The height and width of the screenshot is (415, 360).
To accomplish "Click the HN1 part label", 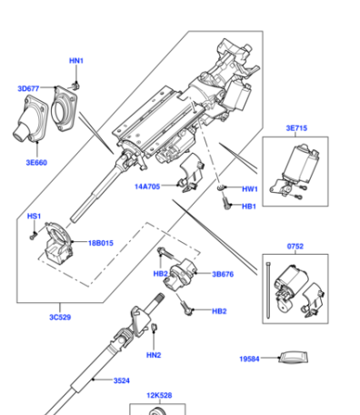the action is (76, 61).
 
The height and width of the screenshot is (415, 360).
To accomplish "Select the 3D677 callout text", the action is (28, 88).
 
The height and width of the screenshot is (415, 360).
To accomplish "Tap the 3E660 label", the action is (36, 163).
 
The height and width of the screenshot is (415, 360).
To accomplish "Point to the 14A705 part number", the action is (147, 187).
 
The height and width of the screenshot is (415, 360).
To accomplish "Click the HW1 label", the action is (250, 189).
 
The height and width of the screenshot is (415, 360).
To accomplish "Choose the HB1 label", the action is (249, 207).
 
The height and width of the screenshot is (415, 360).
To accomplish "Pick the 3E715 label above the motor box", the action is (296, 128).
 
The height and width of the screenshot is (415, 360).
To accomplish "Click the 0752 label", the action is (295, 246).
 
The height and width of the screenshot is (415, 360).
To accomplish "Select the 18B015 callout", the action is (101, 243).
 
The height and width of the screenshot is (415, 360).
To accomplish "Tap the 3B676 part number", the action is (223, 274).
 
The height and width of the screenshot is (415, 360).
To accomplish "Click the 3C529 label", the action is (60, 318).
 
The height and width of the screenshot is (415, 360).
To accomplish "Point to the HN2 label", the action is (154, 355).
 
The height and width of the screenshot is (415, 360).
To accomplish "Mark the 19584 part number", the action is (249, 359).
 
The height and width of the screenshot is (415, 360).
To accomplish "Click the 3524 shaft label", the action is (122, 380).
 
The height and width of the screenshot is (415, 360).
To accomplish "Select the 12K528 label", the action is (159, 395).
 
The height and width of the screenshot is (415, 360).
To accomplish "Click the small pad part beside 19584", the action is (293, 357).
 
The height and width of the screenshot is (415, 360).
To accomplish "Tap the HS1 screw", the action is (33, 236).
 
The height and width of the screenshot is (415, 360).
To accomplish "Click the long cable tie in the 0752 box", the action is (268, 290).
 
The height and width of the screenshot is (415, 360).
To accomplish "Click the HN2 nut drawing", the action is (154, 327).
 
